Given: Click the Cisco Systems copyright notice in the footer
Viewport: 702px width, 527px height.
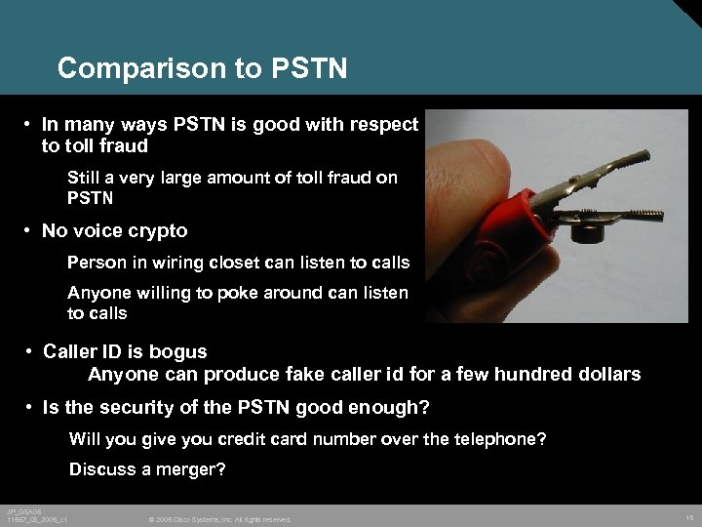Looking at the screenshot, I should click(x=219, y=519).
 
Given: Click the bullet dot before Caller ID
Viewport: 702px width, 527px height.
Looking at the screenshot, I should click(x=32, y=351).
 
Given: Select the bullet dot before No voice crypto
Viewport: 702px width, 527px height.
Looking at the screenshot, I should click(x=30, y=231).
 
